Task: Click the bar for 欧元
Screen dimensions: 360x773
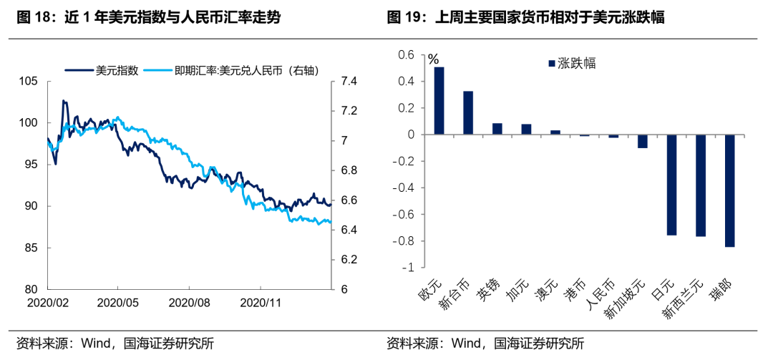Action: coord(439,101)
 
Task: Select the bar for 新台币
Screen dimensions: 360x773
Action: coord(468,113)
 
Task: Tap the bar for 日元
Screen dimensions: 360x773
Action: coord(671,185)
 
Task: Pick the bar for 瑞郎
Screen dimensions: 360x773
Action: coord(729,190)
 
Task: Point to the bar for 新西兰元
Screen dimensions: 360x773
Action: coord(700,185)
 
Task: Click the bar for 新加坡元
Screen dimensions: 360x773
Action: coord(642,141)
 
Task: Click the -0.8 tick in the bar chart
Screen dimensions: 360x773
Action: coord(404,240)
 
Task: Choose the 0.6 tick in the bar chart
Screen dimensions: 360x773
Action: coord(407,55)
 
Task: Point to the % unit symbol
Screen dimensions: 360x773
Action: coord(433,59)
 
